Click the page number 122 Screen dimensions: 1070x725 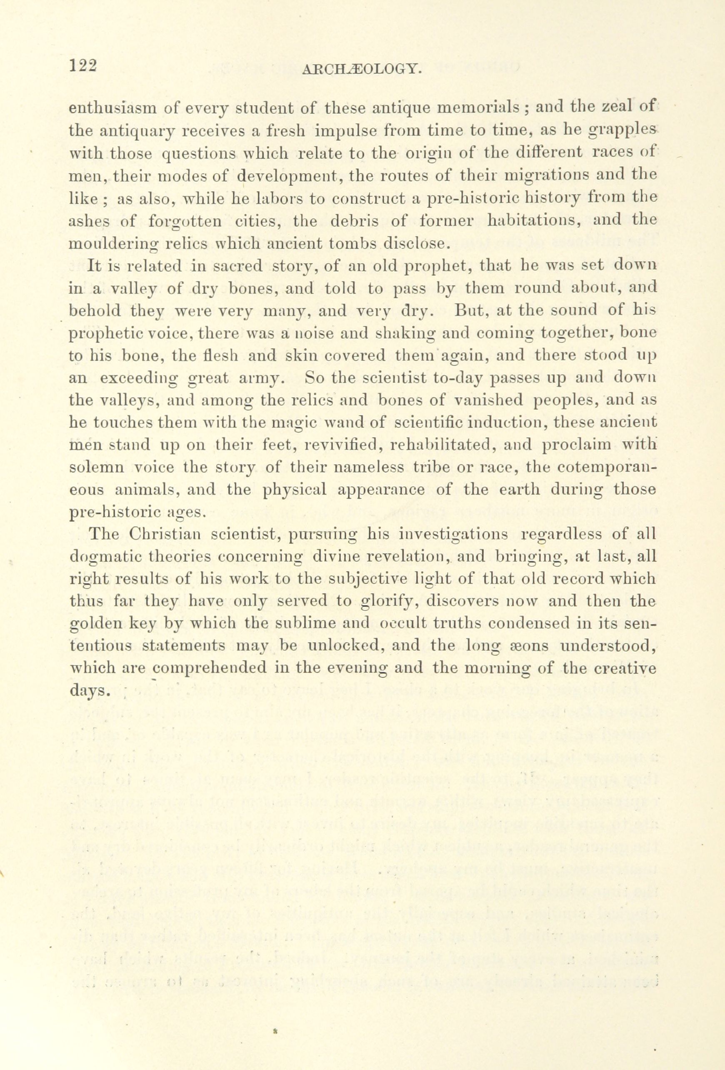83,66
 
